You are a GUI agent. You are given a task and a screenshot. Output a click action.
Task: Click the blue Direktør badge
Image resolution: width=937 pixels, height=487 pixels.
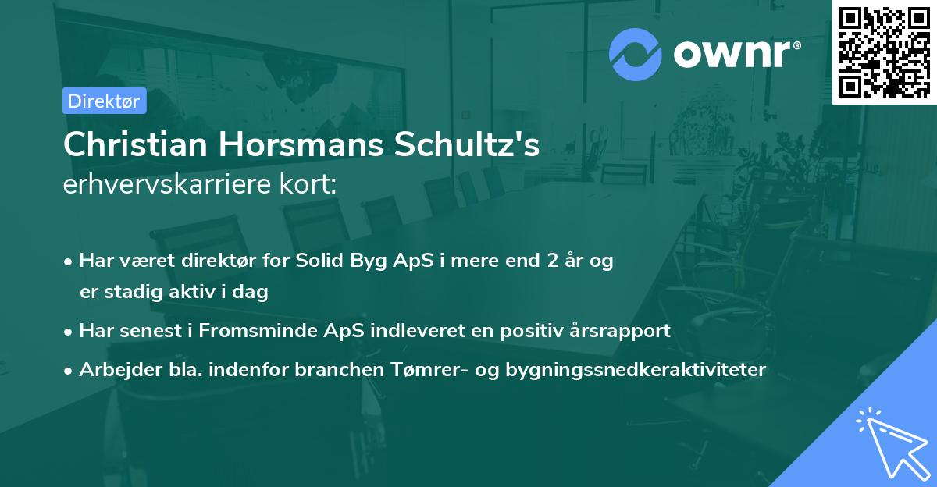coord(104,101)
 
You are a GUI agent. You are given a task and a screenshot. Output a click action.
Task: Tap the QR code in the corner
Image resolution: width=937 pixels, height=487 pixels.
coord(884,52)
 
